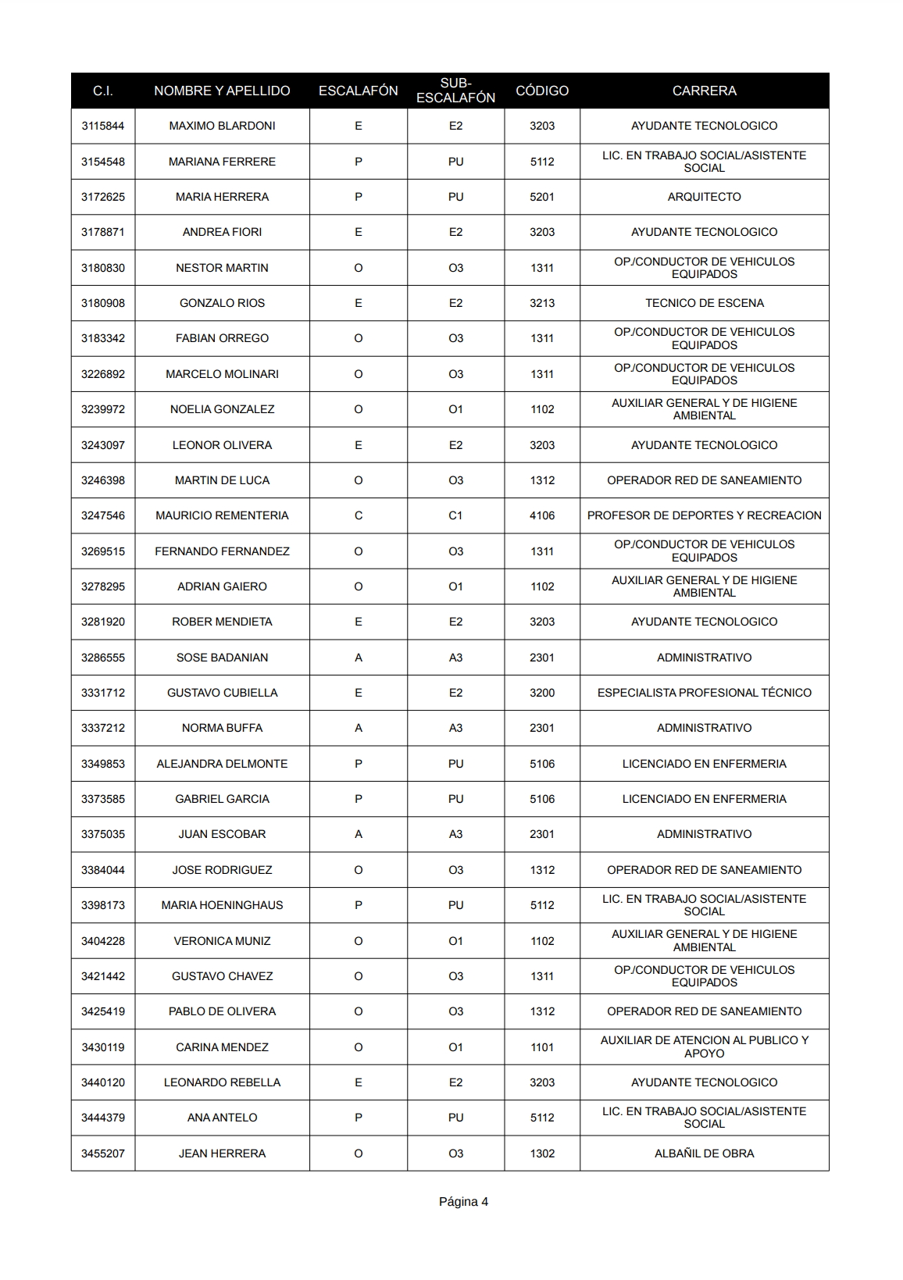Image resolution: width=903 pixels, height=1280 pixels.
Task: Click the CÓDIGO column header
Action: pyautogui.click(x=542, y=91)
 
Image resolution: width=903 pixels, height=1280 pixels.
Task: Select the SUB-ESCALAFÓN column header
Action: pyautogui.click(x=455, y=91)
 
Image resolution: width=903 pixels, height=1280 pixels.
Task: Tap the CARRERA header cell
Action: pyautogui.click(x=704, y=91)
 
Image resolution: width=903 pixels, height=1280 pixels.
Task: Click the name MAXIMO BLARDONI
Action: pyautogui.click(x=222, y=126)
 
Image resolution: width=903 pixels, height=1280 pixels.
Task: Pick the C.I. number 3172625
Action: pyautogui.click(x=103, y=197)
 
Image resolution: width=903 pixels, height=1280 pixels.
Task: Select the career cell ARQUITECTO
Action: pyautogui.click(x=704, y=197)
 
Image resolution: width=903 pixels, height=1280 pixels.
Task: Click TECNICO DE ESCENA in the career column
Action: pyautogui.click(x=704, y=303)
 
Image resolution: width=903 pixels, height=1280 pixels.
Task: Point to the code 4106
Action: pyautogui.click(x=542, y=515)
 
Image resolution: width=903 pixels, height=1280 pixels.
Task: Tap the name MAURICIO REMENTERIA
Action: pyautogui.click(x=222, y=515)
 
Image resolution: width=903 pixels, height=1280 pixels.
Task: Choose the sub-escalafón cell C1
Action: pyautogui.click(x=455, y=515)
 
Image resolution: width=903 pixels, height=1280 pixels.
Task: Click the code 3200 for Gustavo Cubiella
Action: pyautogui.click(x=542, y=693)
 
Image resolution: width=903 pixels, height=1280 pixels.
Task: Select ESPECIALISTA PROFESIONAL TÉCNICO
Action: pyautogui.click(x=704, y=693)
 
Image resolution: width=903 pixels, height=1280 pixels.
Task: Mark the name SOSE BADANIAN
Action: pyautogui.click(x=222, y=658)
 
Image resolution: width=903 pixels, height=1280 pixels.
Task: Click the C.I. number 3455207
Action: pyautogui.click(x=103, y=1153)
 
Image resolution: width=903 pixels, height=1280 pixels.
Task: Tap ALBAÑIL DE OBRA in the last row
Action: pyautogui.click(x=704, y=1153)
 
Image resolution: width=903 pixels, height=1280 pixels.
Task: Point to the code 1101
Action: pyautogui.click(x=542, y=1047)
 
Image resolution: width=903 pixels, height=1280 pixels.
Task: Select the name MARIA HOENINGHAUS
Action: pyautogui.click(x=222, y=905)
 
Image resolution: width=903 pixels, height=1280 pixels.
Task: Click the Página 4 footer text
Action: pyautogui.click(x=463, y=1202)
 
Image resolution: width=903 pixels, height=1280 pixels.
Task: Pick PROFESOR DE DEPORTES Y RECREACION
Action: pyautogui.click(x=704, y=515)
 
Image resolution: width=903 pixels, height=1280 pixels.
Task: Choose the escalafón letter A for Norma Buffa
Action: pyautogui.click(x=359, y=728)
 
